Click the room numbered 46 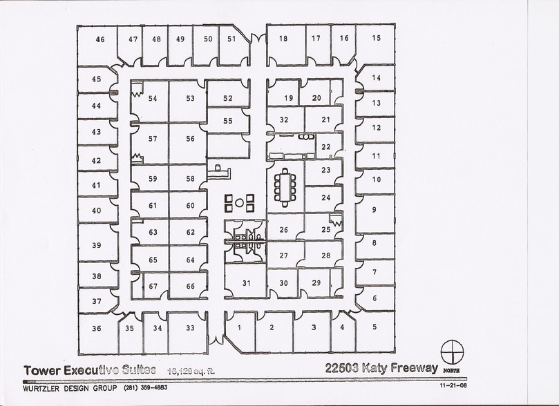(x=100, y=40)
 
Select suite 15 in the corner (x=376, y=39)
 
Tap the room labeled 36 (x=96, y=328)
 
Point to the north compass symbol (x=451, y=351)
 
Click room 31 (x=245, y=282)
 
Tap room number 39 (x=97, y=245)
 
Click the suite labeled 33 (x=190, y=328)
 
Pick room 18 (x=283, y=39)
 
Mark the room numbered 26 (x=283, y=230)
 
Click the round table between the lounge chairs (x=240, y=203)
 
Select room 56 (x=190, y=138)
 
